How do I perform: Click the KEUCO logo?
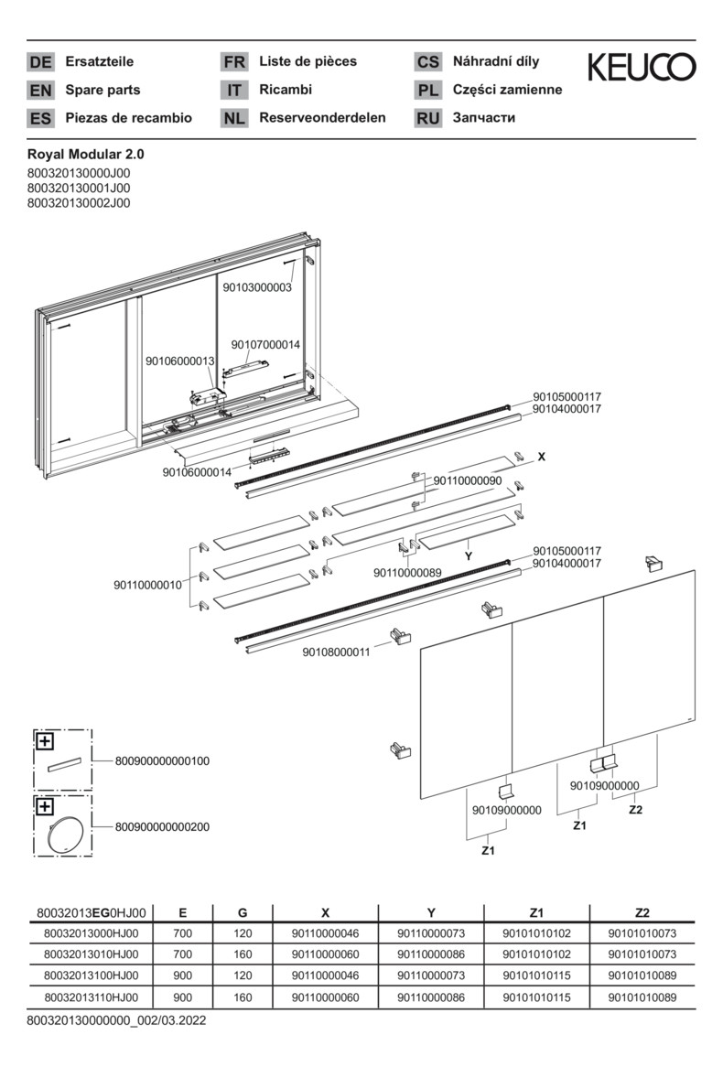pyautogui.click(x=641, y=67)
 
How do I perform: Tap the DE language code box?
pyautogui.click(x=40, y=62)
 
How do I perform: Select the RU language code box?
pyautogui.click(x=427, y=118)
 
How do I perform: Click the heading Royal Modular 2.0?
pyautogui.click(x=86, y=155)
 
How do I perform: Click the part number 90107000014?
pyautogui.click(x=266, y=345)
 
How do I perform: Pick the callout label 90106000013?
pyautogui.click(x=179, y=361)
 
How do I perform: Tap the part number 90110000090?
pyautogui.click(x=468, y=481)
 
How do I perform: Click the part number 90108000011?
pyautogui.click(x=336, y=652)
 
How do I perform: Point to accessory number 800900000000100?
pyautogui.click(x=163, y=760)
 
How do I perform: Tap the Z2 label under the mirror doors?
pyautogui.click(x=637, y=810)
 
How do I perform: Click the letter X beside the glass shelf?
pyautogui.click(x=541, y=456)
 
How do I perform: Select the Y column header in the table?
pyautogui.click(x=431, y=912)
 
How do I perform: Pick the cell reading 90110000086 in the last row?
pyautogui.click(x=431, y=997)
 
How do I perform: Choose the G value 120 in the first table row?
pyautogui.click(x=243, y=933)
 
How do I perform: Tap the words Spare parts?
pyautogui.click(x=103, y=91)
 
